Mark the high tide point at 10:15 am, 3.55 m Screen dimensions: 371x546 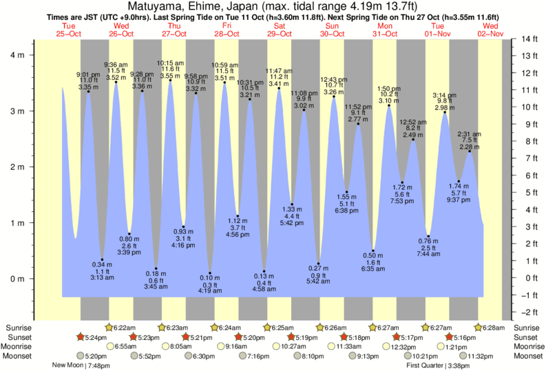(171, 81)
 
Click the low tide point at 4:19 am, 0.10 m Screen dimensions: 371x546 (210, 273)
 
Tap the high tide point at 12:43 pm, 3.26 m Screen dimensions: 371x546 (334, 97)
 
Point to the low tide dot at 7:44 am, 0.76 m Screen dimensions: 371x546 (428, 236)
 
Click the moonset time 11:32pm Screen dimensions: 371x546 (480, 357)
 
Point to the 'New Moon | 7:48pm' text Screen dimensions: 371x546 (86, 365)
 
